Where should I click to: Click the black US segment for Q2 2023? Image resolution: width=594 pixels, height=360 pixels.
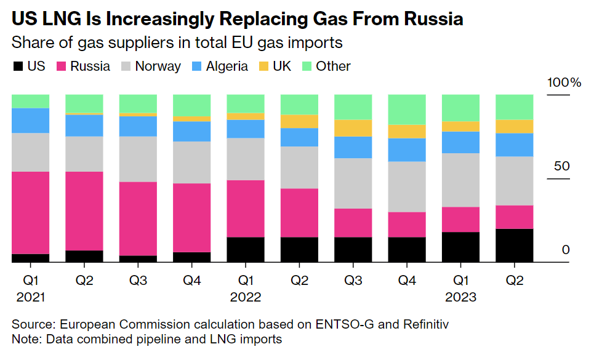[x=514, y=246]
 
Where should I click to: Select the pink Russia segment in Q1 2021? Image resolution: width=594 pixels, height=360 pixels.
[x=31, y=212]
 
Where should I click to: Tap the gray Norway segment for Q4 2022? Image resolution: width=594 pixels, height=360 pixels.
[x=407, y=186]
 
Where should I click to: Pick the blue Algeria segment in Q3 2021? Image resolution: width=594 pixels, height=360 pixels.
[x=138, y=126]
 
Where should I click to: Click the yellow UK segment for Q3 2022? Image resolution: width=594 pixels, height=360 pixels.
[x=353, y=127]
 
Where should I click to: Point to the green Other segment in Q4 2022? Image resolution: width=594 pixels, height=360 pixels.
[x=407, y=110]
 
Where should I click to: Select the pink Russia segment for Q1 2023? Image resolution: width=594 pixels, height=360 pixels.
[x=460, y=219]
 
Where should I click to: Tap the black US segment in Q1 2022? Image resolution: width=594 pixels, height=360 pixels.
[x=246, y=250]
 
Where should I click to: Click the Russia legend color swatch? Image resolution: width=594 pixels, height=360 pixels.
[x=62, y=66]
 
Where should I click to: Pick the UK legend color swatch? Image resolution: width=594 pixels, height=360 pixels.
[x=263, y=66]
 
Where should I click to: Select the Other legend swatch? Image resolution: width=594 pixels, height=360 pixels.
[x=306, y=66]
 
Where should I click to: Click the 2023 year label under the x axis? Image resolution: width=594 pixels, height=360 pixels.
[x=460, y=297]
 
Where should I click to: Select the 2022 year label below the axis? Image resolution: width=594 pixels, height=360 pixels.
[x=246, y=297]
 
